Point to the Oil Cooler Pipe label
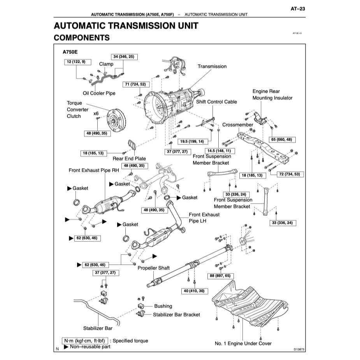point(99,93)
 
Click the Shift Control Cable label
point(216,102)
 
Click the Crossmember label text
point(237,125)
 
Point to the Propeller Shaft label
point(154,268)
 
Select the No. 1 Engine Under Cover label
point(243,343)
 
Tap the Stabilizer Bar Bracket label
point(176,314)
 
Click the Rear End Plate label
point(129,158)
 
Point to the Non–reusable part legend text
point(90,346)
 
